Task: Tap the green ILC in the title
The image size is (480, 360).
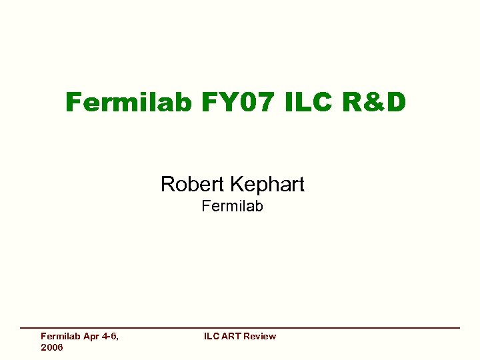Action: (311, 103)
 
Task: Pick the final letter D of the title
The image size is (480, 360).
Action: (395, 103)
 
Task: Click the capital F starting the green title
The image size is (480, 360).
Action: (74, 103)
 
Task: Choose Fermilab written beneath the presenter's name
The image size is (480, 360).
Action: (232, 206)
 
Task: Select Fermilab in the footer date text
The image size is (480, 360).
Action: (61, 337)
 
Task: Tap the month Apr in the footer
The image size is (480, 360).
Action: (92, 337)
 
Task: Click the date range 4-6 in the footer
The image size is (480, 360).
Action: (110, 337)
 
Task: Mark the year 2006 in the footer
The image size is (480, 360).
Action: (52, 347)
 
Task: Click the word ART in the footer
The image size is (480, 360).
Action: (231, 337)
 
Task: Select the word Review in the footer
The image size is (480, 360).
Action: (259, 337)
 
